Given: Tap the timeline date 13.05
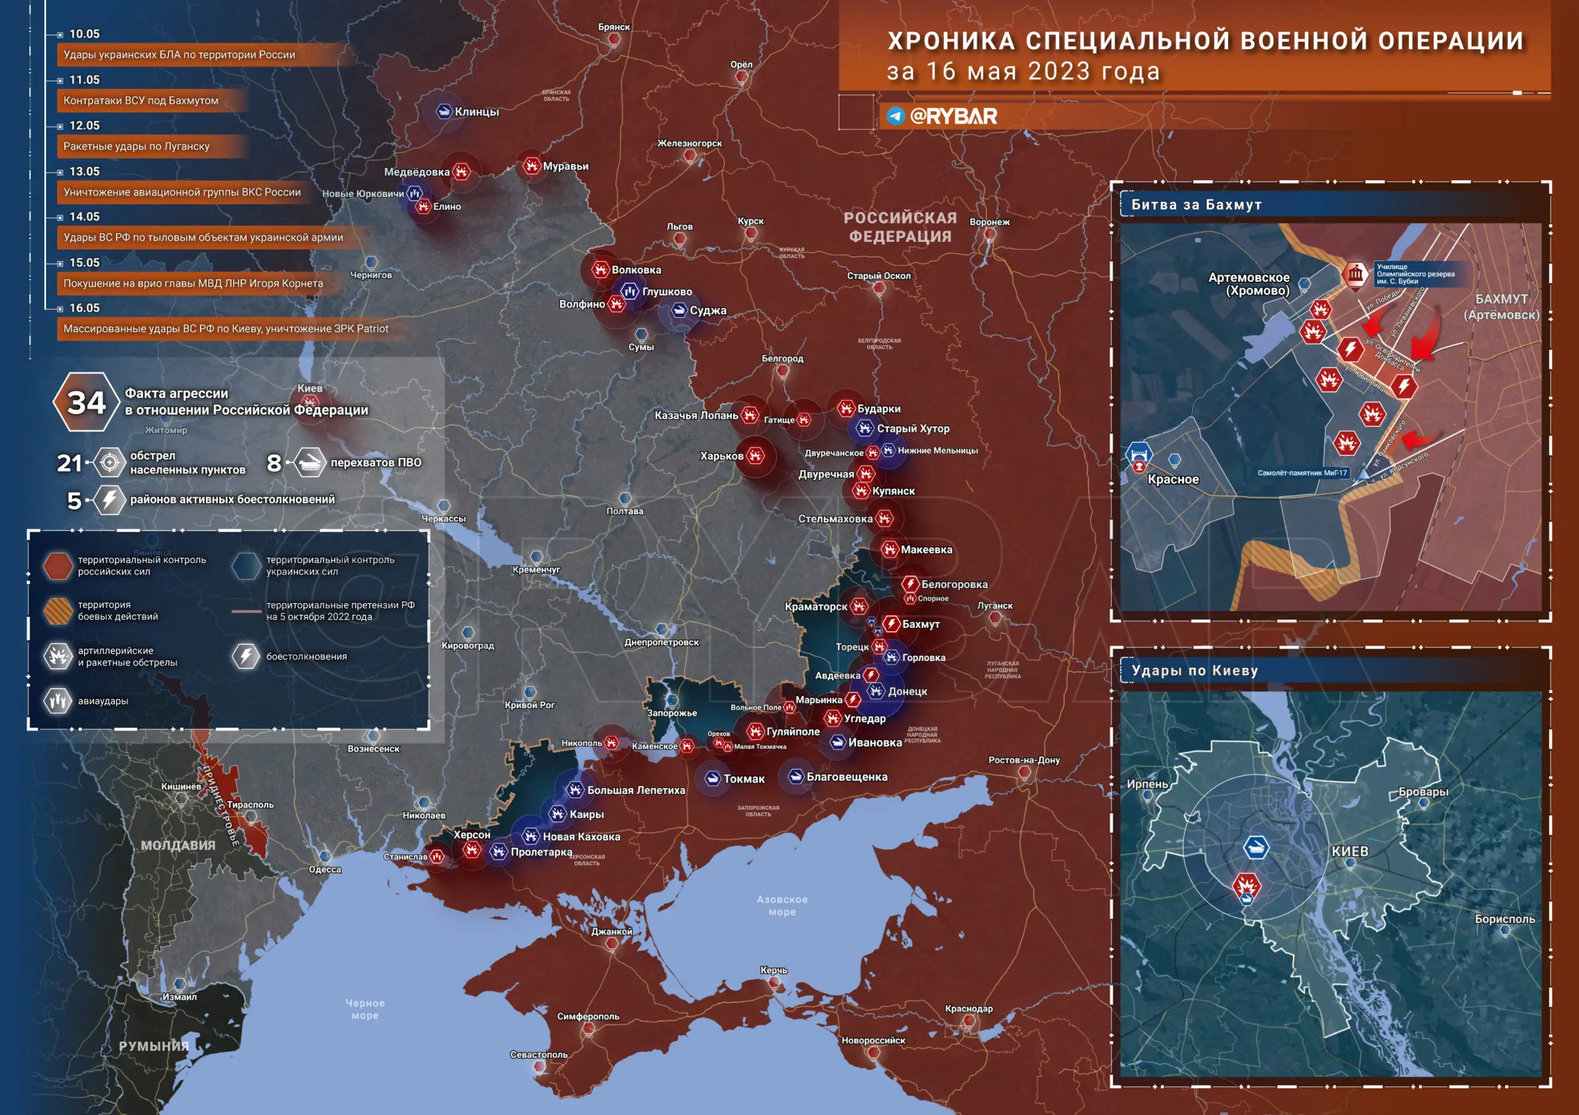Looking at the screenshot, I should pos(84,172).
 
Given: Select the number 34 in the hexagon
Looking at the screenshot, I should pos(86,402).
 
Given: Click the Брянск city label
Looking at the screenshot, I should pos(614,27).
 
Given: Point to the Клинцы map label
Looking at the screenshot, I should pos(477,112).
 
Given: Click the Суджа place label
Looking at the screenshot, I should pos(707,310).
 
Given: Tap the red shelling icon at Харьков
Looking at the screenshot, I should pos(756,455).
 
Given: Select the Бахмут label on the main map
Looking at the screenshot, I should pos(920,624).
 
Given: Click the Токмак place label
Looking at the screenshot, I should pos(743,779).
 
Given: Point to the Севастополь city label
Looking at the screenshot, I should pos(538,1055).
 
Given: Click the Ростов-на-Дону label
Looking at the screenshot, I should pos(1023,760).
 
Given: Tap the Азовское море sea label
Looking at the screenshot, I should pos(782,905).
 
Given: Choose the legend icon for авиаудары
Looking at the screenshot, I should pos(58,701).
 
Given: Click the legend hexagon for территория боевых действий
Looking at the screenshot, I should pos(58,610).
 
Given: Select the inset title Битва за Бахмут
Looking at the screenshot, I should pos(1196,204).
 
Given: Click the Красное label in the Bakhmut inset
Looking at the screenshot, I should pos(1173,479).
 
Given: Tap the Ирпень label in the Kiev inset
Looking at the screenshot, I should pos(1147,784).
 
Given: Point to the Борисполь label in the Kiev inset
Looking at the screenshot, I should pos(1505,918).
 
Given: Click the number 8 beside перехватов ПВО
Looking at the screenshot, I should pos(274,463).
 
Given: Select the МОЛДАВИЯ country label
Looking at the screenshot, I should pos(178,845).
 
